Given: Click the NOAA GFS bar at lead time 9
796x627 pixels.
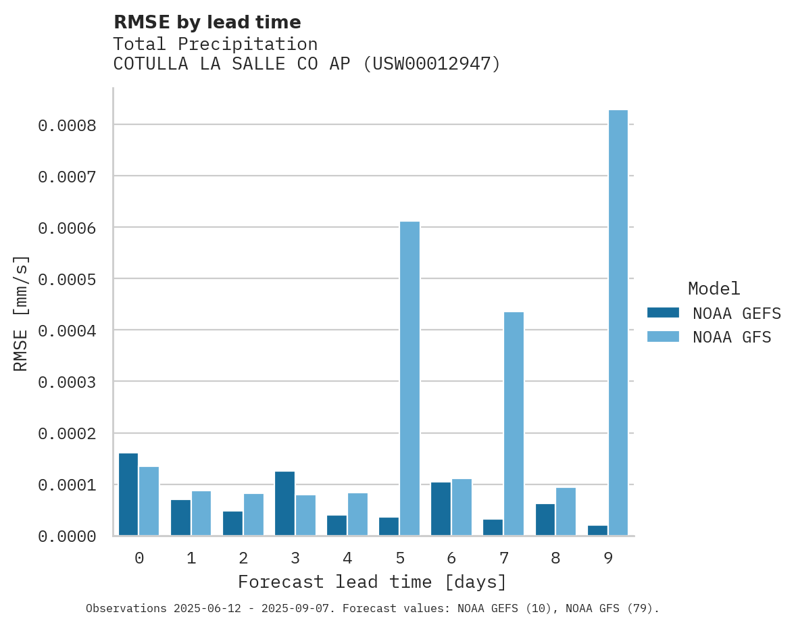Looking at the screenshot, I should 618,323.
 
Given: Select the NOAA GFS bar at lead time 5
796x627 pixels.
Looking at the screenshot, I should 409,378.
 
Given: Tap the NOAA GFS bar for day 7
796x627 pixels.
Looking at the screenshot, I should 514,424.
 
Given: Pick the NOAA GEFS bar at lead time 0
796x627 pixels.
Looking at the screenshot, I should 128,495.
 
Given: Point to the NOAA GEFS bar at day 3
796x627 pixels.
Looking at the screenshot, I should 284,503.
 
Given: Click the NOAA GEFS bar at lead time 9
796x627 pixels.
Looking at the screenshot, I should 597,530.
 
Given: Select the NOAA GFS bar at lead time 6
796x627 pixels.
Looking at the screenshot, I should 462,507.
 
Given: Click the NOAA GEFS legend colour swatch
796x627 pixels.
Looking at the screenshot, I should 663,313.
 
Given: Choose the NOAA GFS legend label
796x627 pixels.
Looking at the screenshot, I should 732,337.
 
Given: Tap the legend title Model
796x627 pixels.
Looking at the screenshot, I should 714,289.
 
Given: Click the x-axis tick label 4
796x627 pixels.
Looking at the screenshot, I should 347,558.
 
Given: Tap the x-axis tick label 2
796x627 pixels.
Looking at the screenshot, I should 243,558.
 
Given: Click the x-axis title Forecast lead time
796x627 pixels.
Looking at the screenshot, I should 372,582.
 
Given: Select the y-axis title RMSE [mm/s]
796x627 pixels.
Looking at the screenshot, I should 21,313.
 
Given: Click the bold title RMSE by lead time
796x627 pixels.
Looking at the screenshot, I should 207,22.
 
